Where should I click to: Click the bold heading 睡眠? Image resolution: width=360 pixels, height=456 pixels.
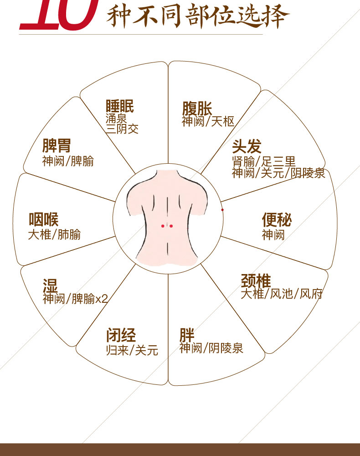[x=120, y=106]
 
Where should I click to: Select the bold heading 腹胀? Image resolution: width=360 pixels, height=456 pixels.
[x=197, y=109]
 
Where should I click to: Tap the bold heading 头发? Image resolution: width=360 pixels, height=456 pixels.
[x=247, y=146]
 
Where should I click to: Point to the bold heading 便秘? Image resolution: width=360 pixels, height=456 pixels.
[x=277, y=220]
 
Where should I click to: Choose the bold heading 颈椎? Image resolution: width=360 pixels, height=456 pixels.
[x=256, y=280]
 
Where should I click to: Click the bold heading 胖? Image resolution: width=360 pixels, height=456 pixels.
[x=187, y=335]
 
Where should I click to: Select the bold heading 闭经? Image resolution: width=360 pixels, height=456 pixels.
[x=121, y=335]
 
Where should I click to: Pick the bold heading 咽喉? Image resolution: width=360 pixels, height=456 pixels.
[x=44, y=220]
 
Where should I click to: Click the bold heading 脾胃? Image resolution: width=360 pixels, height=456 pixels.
[x=57, y=145]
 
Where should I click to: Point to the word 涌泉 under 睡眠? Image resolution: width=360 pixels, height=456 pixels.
[x=116, y=119]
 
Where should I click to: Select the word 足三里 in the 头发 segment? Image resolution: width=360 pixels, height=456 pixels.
[x=278, y=161]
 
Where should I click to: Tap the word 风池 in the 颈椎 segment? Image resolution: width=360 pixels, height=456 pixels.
[x=282, y=294]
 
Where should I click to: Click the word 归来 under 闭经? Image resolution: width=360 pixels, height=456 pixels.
[x=118, y=350]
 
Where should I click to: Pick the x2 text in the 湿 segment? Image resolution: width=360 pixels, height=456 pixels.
[x=102, y=298]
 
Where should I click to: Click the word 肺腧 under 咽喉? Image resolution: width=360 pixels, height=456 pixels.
[x=69, y=234]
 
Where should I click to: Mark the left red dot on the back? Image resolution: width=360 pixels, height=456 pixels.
[x=163, y=226]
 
